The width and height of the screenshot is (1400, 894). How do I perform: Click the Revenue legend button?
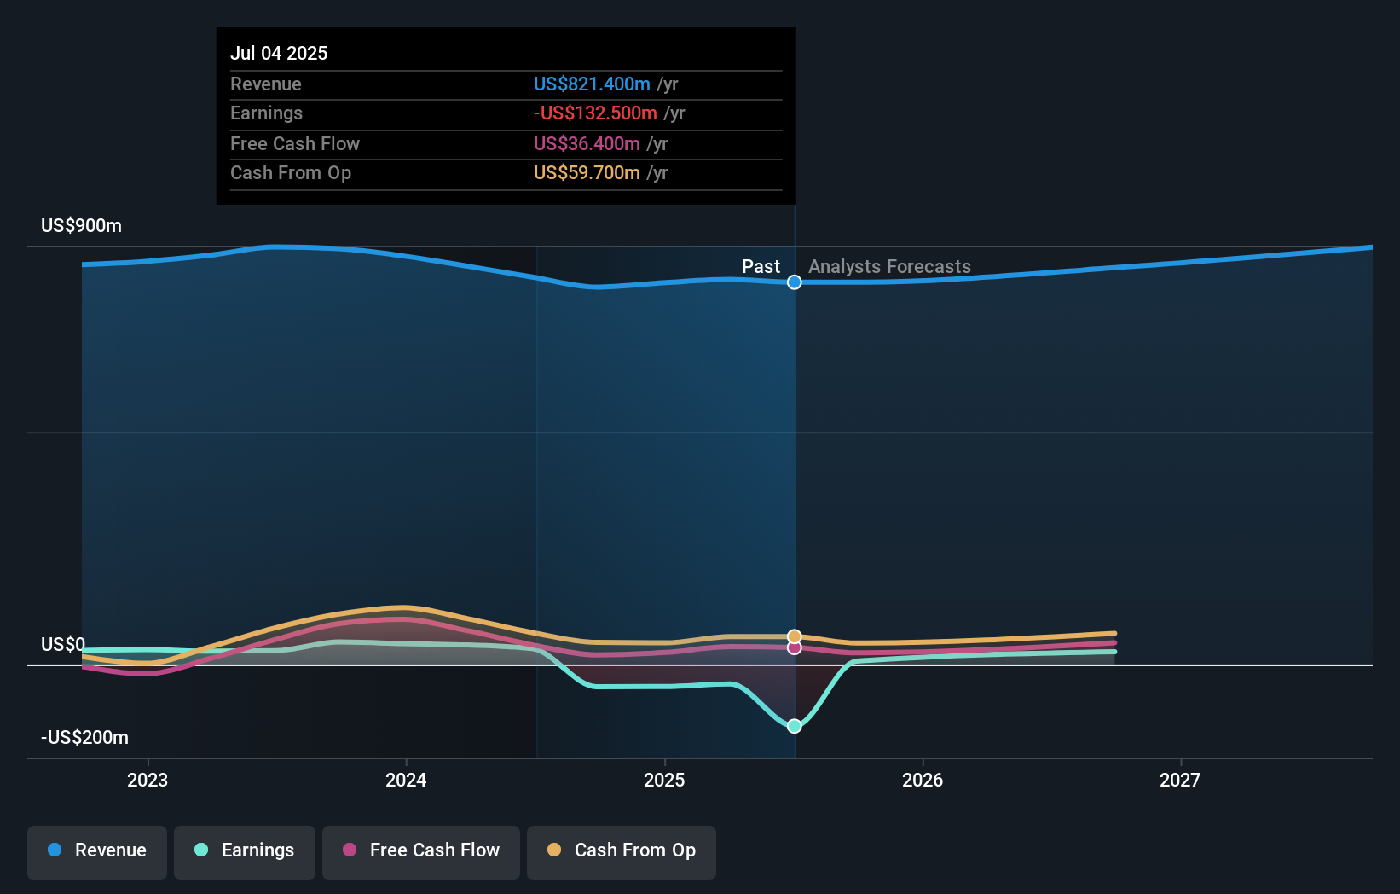coord(97,851)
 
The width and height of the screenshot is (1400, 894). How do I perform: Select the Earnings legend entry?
coord(245,851)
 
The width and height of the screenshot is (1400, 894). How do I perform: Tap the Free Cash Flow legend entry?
coord(421,851)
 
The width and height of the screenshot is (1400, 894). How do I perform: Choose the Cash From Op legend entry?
coord(622,851)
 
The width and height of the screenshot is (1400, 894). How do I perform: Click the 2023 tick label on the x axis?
coord(148,781)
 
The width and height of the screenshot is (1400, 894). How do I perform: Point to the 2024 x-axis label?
coord(406,781)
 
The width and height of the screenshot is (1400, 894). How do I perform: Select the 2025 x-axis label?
coord(664,781)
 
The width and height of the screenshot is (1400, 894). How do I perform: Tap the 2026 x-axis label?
coord(923,781)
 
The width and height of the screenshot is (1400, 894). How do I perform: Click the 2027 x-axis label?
coord(1180,781)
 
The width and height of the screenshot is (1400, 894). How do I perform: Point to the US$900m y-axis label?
coord(81,226)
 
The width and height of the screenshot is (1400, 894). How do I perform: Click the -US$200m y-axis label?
coord(84,738)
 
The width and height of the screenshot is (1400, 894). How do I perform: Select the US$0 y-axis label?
coord(62,645)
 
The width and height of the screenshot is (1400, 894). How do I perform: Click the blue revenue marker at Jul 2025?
coord(794,282)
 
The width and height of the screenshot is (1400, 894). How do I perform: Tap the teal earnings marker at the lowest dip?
coord(794,726)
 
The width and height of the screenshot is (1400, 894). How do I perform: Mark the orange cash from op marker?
coord(794,636)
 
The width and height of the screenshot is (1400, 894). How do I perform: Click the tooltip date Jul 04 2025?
coord(279,54)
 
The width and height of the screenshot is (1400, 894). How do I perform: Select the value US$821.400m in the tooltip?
coord(592,84)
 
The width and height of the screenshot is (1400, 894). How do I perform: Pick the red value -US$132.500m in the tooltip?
coord(595,113)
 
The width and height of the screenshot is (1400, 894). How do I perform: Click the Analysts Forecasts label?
coord(889,267)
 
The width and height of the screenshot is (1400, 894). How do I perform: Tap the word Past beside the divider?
coord(761,267)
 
